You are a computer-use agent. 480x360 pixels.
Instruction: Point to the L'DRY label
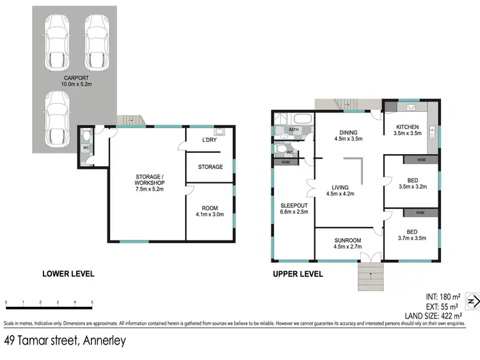tap(211, 140)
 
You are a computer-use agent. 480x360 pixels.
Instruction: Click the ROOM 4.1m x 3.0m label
tap(209, 211)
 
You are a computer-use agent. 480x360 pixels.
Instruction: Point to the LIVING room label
tap(340, 190)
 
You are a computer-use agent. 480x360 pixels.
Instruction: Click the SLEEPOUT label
tap(294, 208)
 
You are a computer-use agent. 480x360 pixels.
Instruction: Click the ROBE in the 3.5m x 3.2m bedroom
tap(422, 159)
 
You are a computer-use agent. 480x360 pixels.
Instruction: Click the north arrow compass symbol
tap(473, 301)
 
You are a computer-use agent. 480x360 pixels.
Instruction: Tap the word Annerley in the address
tap(102, 341)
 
